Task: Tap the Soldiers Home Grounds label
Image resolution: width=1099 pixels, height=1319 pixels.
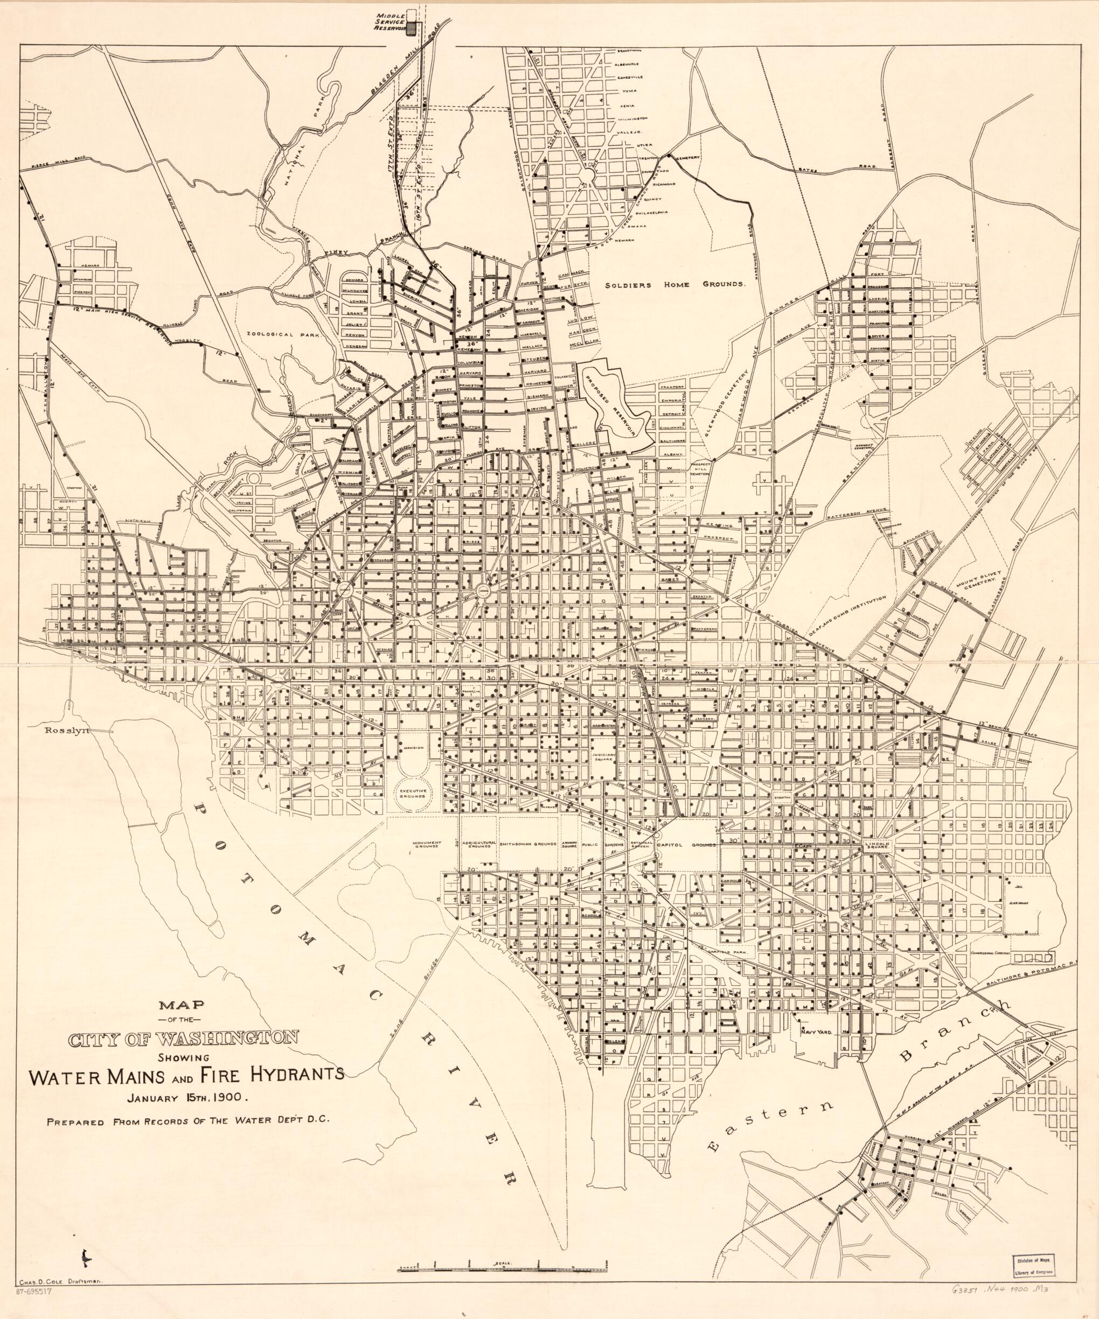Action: (675, 284)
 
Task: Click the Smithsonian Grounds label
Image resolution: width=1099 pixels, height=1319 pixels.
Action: (528, 845)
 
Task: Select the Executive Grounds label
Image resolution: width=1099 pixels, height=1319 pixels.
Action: (409, 794)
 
